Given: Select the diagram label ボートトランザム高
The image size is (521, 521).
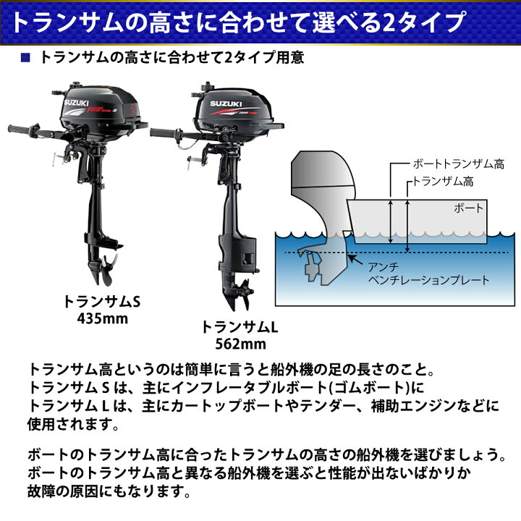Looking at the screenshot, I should click(458, 164).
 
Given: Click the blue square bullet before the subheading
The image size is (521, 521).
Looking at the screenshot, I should click(27, 58).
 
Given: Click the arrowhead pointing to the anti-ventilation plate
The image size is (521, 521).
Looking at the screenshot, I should click(351, 256).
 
